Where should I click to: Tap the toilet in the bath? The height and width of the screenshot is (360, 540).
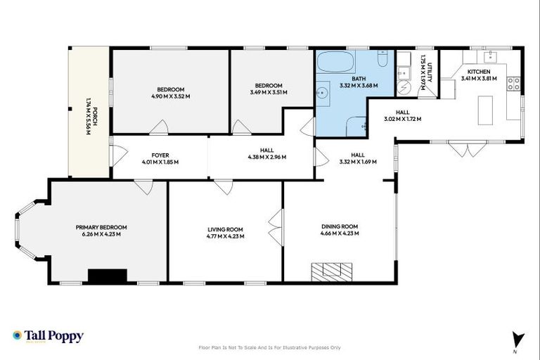tap(382, 60)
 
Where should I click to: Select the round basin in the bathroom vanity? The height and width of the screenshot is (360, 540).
tap(324, 91)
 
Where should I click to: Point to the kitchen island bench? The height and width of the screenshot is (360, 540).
tap(484, 110)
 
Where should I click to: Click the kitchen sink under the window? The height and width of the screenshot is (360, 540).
tap(489, 56)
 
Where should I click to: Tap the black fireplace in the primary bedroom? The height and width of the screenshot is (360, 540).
tap(107, 276)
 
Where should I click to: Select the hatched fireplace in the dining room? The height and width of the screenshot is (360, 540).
tap(332, 271)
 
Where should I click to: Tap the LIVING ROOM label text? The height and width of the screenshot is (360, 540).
tap(226, 229)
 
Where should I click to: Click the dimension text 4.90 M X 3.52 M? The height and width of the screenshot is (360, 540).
tap(171, 96)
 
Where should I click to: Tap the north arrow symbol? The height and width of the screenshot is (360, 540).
tap(518, 338)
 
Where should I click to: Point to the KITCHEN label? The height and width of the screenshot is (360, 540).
tap(479, 71)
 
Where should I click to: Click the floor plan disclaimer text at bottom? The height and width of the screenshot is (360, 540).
tap(270, 347)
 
